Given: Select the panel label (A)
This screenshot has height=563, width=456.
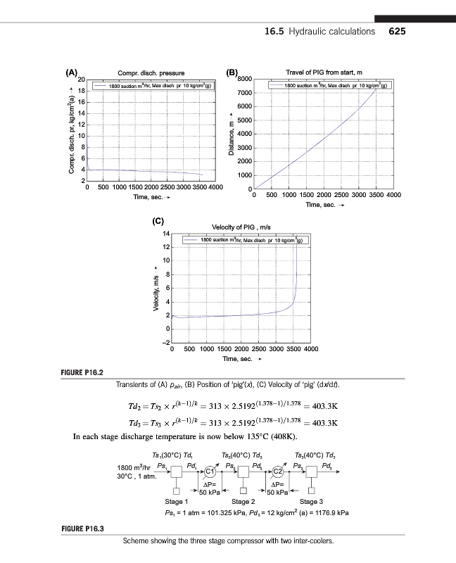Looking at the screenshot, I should click(x=72, y=72).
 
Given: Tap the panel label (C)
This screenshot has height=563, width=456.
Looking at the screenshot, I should click(x=160, y=222).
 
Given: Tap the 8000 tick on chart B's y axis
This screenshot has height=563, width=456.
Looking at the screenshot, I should click(x=243, y=79).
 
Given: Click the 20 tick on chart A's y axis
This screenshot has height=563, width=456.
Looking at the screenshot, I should click(x=80, y=79).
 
